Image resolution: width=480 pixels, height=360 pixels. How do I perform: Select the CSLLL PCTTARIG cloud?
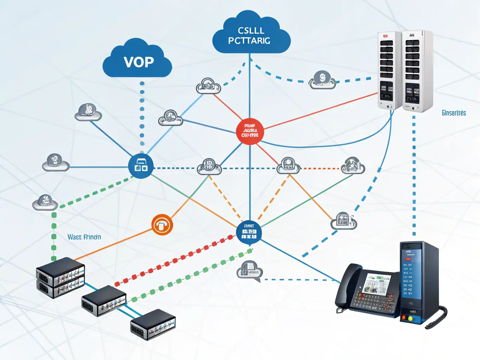click(x=251, y=36)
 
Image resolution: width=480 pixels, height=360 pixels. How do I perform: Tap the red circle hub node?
click(x=250, y=131)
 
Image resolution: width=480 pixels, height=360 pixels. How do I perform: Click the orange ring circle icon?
click(x=162, y=225)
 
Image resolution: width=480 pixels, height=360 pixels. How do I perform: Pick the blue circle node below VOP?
click(x=141, y=166)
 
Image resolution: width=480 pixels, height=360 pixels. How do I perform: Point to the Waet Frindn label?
click(x=84, y=237)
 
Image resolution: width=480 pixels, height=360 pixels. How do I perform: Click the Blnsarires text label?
click(x=454, y=113)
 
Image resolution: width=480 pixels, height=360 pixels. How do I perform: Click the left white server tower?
click(x=389, y=71)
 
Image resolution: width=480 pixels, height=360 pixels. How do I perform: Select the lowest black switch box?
click(x=153, y=324)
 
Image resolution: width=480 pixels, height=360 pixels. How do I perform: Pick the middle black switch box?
click(x=104, y=301)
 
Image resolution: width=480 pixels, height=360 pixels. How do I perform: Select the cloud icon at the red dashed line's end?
click(x=353, y=166)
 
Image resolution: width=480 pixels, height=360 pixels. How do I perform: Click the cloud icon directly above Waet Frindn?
click(x=45, y=202)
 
